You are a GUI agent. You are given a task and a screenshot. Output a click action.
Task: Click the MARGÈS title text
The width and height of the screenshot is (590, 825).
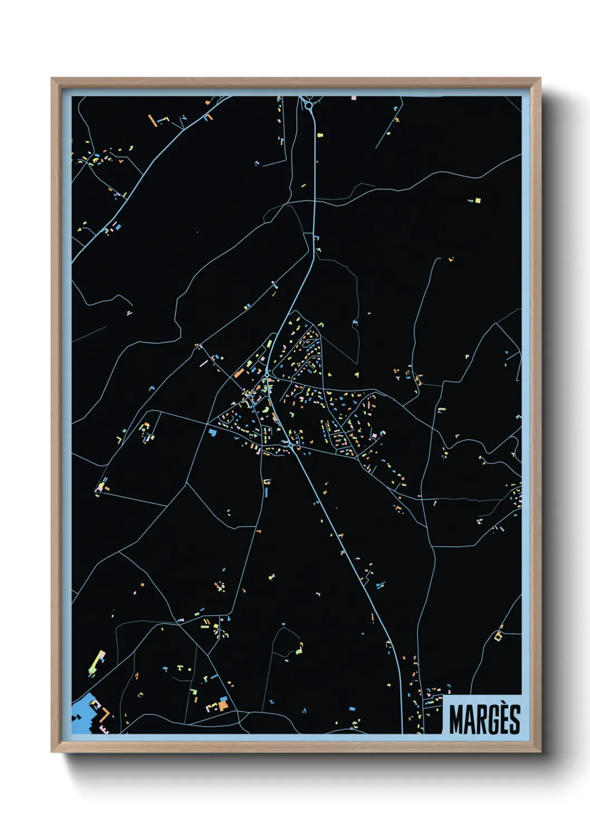tap(484, 719)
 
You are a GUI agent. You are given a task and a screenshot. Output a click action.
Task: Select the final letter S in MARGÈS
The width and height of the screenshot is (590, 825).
tap(514, 720)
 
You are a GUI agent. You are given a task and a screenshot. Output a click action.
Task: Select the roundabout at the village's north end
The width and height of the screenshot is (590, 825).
tap(268, 372)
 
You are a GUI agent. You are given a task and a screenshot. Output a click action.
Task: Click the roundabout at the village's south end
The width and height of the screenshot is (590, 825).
tap(292, 445)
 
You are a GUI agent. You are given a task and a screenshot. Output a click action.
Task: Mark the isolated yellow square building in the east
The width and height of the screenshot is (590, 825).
tap(477, 200)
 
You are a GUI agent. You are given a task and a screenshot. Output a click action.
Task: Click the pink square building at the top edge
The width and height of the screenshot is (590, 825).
tap(354, 98)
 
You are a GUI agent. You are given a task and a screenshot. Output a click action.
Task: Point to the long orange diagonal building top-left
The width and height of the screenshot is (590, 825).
tap(152, 120)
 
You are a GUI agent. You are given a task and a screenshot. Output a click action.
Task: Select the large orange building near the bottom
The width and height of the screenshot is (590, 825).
tap(223, 706)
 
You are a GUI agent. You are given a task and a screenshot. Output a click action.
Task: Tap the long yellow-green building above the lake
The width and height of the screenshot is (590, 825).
tap(98, 661)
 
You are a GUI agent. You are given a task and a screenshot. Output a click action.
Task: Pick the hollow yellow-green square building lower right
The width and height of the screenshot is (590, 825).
tap(498, 635)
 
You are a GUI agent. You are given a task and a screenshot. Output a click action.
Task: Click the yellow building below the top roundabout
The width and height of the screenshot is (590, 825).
tap(320, 135)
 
